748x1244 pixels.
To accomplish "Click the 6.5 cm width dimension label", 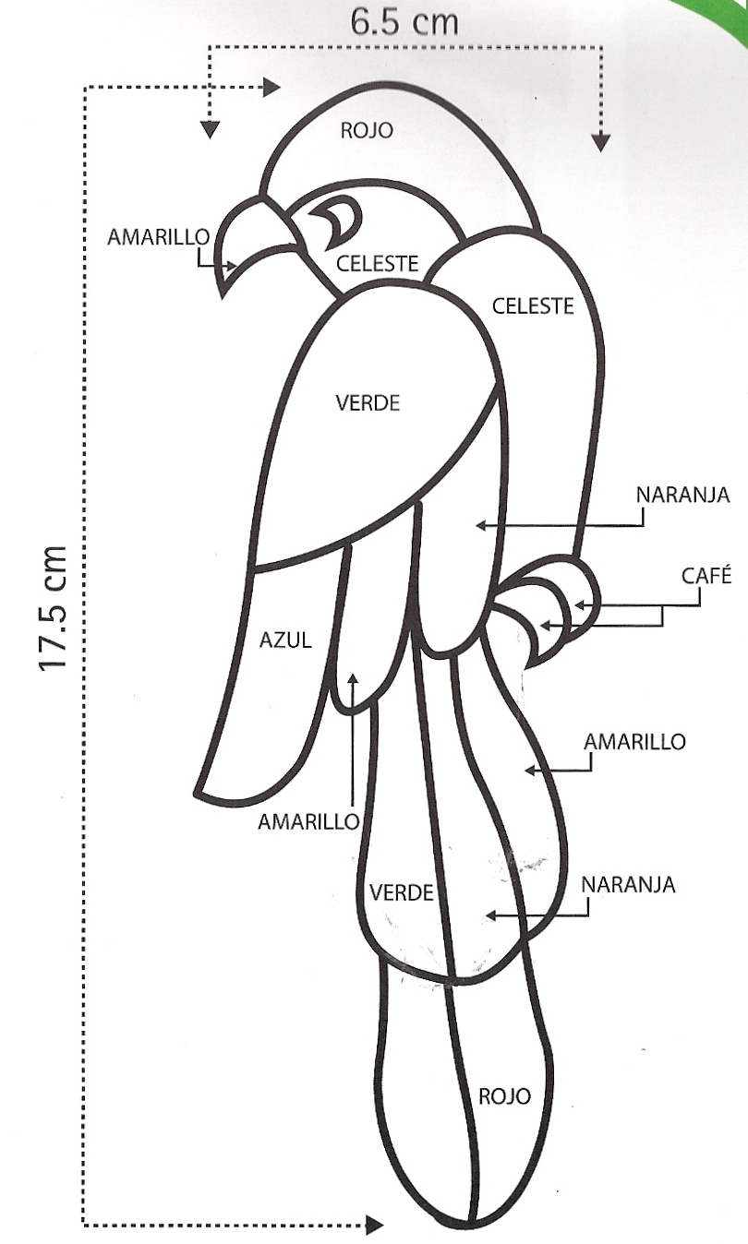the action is pos(404,21).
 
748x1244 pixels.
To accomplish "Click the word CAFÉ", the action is pos(706,577).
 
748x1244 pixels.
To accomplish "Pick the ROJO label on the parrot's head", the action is pos(367,130).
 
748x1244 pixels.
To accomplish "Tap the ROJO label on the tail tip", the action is pos(504,1096).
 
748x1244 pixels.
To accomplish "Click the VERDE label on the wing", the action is pos(368,403).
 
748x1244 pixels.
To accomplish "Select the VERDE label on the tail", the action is pos(402,892).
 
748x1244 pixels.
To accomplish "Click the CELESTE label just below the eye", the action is pos(378,264).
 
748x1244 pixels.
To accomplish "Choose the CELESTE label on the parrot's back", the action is pos(533,305).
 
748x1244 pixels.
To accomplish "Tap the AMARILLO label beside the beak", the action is pos(159,237).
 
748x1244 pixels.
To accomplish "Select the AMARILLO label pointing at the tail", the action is pos(635,742).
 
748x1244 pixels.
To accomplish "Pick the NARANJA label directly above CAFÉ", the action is pos(682,496).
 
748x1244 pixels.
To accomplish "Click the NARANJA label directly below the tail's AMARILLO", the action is pos(628,885).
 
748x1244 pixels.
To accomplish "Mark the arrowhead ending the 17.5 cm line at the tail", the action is pos(374,1226).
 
